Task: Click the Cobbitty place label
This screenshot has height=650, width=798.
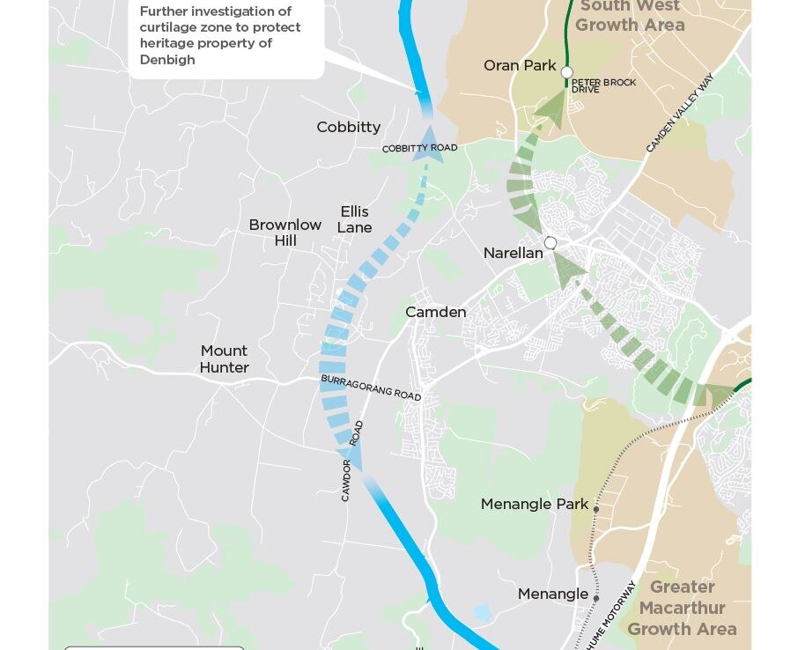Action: pyautogui.click(x=348, y=128)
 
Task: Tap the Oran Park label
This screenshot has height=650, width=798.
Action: pyautogui.click(x=520, y=66)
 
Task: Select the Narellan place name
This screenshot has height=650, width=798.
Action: pyautogui.click(x=513, y=254)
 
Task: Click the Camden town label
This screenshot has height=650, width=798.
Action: pyautogui.click(x=435, y=313)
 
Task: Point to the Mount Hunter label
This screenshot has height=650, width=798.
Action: pyautogui.click(x=224, y=359)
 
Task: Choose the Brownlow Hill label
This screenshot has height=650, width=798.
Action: pyautogui.click(x=284, y=233)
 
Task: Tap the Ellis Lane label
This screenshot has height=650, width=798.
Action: pyautogui.click(x=354, y=219)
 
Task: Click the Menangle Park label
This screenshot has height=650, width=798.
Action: pyautogui.click(x=534, y=505)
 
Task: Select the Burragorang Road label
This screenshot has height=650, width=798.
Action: pyautogui.click(x=371, y=388)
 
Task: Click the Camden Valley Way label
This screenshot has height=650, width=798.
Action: pyautogui.click(x=680, y=113)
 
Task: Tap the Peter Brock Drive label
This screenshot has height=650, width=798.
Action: pyautogui.click(x=602, y=86)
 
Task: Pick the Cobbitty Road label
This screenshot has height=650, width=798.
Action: pyautogui.click(x=419, y=148)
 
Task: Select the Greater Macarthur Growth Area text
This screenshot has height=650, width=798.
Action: pyautogui.click(x=682, y=608)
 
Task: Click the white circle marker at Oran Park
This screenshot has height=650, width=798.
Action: pyautogui.click(x=567, y=72)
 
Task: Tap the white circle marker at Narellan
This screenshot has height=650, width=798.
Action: pyautogui.click(x=550, y=243)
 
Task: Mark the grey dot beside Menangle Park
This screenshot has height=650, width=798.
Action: pyautogui.click(x=596, y=509)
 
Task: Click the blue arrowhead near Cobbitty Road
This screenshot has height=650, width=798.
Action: pyautogui.click(x=429, y=143)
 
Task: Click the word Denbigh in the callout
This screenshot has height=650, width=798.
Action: pyautogui.click(x=167, y=60)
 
